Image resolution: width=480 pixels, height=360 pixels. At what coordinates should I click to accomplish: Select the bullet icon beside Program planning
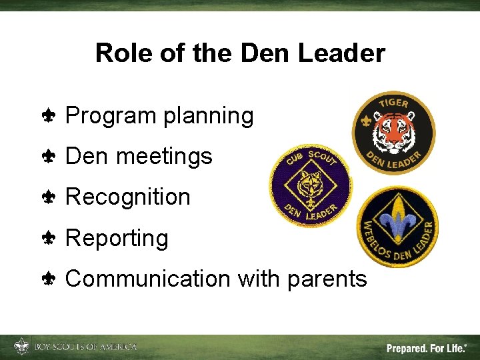[49, 116]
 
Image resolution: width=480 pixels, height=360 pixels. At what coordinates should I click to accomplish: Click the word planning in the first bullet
[209, 117]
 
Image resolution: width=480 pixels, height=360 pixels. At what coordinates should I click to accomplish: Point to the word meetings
[164, 157]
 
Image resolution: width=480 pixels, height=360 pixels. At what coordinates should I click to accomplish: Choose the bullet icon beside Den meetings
[49, 157]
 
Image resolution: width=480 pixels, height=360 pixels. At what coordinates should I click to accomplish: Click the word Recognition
[128, 197]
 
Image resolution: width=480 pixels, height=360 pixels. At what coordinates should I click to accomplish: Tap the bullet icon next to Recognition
[49, 197]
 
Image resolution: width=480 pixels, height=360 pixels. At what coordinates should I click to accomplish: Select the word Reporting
[117, 238]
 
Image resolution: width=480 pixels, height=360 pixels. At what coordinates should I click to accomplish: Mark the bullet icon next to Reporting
[49, 238]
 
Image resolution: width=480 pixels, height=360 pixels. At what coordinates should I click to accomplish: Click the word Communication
[147, 278]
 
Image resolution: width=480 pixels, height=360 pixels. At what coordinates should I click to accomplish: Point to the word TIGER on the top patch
[393, 105]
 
